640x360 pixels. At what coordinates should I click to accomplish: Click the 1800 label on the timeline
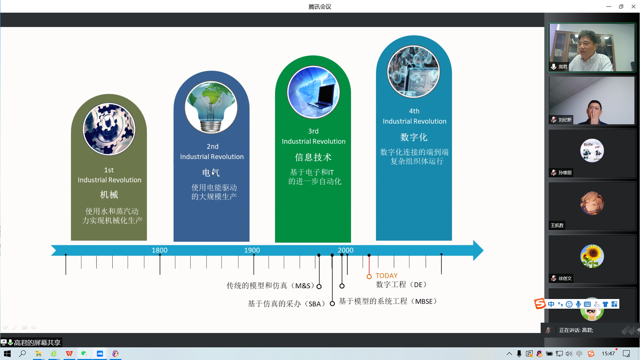pyautogui.click(x=160, y=250)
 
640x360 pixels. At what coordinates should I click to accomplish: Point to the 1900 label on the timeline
pyautogui.click(x=252, y=250)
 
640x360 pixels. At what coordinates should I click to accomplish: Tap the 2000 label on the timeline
pyautogui.click(x=345, y=250)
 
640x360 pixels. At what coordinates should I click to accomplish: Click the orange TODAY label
pyautogui.click(x=386, y=276)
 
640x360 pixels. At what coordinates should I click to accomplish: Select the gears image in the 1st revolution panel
pyautogui.click(x=109, y=129)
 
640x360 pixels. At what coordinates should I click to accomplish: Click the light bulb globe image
pyautogui.click(x=211, y=107)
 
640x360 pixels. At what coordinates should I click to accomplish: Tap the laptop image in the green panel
pyautogui.click(x=313, y=92)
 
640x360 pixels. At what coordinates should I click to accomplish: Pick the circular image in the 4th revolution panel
pyautogui.click(x=414, y=72)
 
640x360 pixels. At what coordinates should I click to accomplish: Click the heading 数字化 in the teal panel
pyautogui.click(x=414, y=137)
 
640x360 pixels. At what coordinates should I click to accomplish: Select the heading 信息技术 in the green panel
pyautogui.click(x=313, y=157)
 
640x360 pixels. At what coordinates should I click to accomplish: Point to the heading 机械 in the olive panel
pyautogui.click(x=109, y=195)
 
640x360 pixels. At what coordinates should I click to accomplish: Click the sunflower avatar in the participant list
pyautogui.click(x=592, y=256)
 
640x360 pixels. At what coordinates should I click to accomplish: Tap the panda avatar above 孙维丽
pyautogui.click(x=592, y=151)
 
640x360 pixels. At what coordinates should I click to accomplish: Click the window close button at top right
pyautogui.click(x=633, y=6)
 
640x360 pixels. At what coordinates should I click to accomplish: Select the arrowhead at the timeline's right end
pyautogui.click(x=478, y=250)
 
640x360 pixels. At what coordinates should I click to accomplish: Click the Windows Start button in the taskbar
pyautogui.click(x=7, y=354)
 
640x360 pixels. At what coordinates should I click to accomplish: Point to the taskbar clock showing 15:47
pyautogui.click(x=608, y=354)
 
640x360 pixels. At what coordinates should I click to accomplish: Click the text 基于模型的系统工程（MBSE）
pyautogui.click(x=388, y=301)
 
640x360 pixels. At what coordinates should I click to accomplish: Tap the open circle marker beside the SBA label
pyautogui.click(x=332, y=303)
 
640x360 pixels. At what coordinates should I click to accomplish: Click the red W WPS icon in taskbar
pyautogui.click(x=69, y=354)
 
